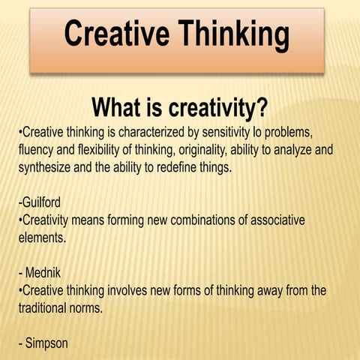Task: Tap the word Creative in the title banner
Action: [x=112, y=34]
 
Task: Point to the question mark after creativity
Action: [x=261, y=109]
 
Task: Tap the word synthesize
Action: [x=45, y=167]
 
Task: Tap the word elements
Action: [x=42, y=238]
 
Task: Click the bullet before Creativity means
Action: [x=19, y=220]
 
